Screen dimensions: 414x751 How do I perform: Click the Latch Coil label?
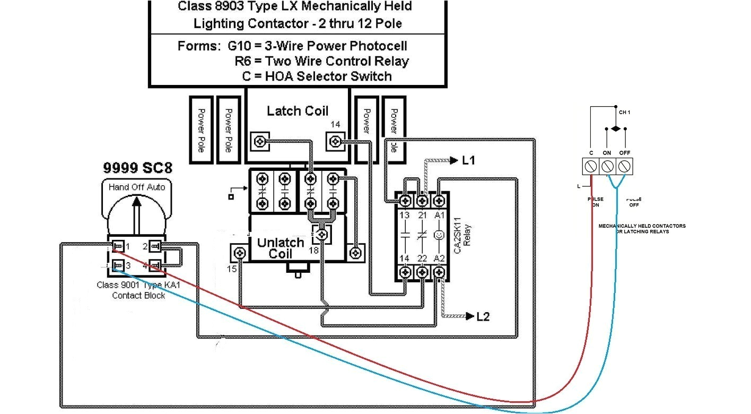(297, 111)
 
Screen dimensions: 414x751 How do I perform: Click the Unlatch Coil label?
(281, 248)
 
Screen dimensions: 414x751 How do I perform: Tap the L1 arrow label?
(468, 160)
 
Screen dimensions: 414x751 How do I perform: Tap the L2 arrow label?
(482, 317)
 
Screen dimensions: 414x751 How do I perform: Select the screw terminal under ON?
(608, 167)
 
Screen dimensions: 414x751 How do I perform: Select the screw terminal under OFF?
(625, 167)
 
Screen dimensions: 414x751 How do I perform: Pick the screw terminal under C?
(591, 167)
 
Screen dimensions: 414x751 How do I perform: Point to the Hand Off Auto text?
(137, 187)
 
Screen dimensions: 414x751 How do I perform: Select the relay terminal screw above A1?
(439, 201)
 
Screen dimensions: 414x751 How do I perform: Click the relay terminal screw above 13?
(405, 201)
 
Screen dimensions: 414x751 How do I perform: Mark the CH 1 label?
(625, 113)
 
